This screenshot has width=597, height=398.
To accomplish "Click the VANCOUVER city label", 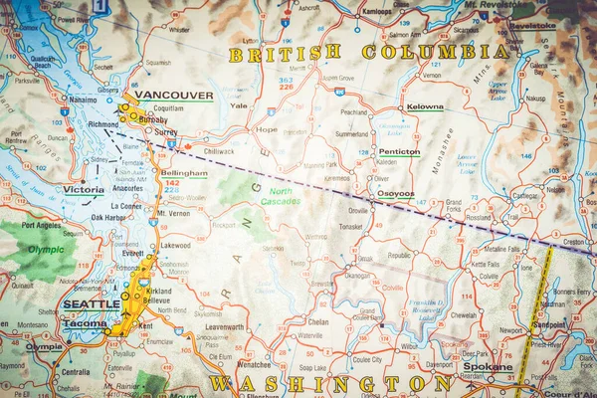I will [x=174, y=96].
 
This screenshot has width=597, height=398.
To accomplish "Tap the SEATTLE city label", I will [x=91, y=304].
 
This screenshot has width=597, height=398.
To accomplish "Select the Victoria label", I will [x=84, y=189].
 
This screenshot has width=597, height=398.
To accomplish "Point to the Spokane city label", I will [x=488, y=366].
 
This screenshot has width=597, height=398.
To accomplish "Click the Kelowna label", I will [x=424, y=106].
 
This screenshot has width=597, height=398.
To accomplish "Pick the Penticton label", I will [x=399, y=152].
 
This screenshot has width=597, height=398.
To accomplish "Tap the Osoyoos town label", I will [x=395, y=195].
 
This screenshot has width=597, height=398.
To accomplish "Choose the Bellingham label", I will [x=183, y=173].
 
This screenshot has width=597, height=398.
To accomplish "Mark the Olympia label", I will [x=44, y=347].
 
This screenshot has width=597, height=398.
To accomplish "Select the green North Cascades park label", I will [x=280, y=196].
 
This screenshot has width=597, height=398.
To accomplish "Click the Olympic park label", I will [x=46, y=250].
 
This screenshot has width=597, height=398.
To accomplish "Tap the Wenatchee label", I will [x=254, y=365].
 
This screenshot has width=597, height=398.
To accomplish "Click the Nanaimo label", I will [x=81, y=100].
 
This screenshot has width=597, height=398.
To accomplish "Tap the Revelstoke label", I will [x=533, y=25].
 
